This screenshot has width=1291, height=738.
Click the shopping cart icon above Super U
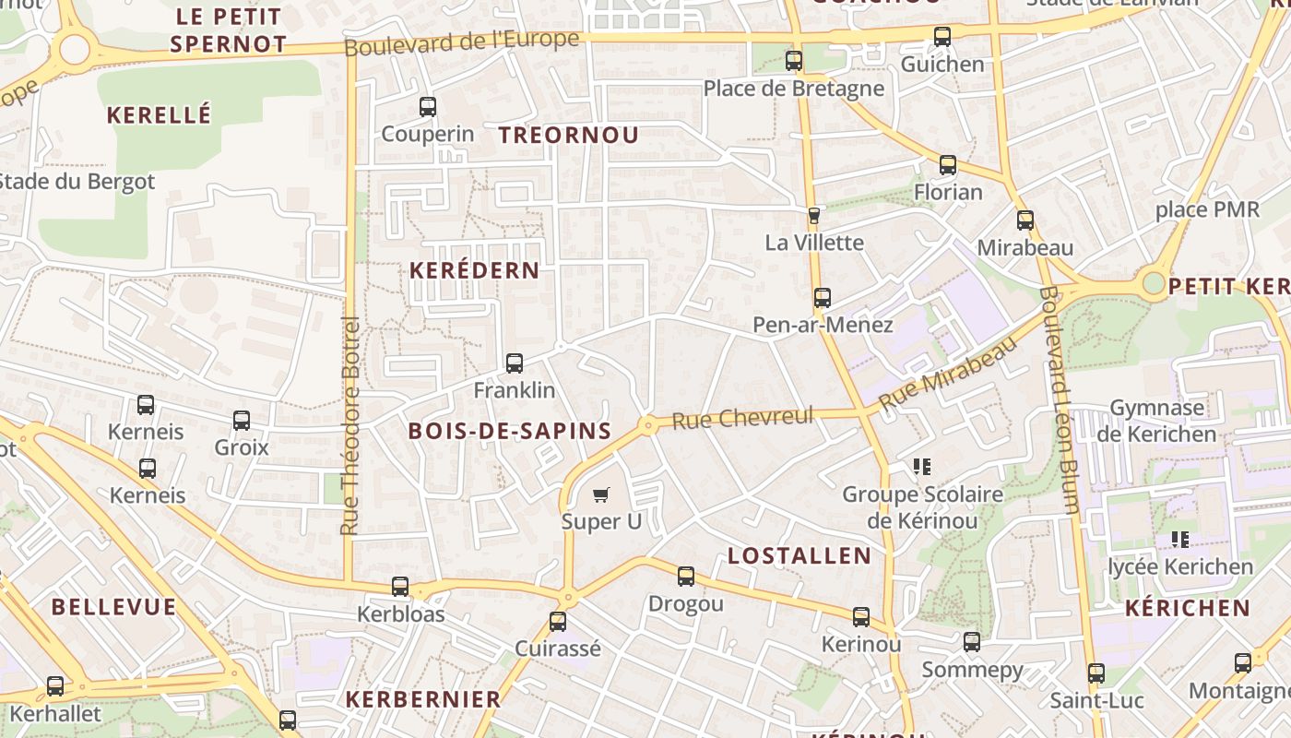pyautogui.click(x=601, y=495)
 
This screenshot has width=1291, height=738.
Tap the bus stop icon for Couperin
pyautogui.click(x=428, y=107)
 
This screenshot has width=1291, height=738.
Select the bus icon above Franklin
pyautogui.click(x=515, y=363)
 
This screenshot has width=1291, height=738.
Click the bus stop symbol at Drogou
pyautogui.click(x=686, y=577)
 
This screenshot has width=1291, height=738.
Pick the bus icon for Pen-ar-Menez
pyautogui.click(x=823, y=298)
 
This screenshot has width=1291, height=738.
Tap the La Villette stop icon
pyautogui.click(x=814, y=216)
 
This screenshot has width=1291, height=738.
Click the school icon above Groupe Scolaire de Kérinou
pyautogui.click(x=921, y=467)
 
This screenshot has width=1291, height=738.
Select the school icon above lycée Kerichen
pyautogui.click(x=1179, y=539)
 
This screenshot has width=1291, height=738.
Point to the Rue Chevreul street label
pyautogui.click(x=743, y=418)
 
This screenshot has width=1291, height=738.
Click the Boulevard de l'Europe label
pyautogui.click(x=462, y=42)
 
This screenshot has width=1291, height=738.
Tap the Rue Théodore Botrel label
pyautogui.click(x=349, y=425)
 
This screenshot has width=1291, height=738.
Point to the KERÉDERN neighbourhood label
pyautogui.click(x=474, y=270)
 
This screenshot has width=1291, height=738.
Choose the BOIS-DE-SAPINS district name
pyautogui.click(x=510, y=431)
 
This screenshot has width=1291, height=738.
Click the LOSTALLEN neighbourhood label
pyautogui.click(x=799, y=555)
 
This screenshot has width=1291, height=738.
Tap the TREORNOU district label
pyautogui.click(x=569, y=135)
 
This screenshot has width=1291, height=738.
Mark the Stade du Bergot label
pyautogui.click(x=77, y=182)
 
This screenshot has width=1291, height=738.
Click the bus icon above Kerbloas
pyautogui.click(x=400, y=587)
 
